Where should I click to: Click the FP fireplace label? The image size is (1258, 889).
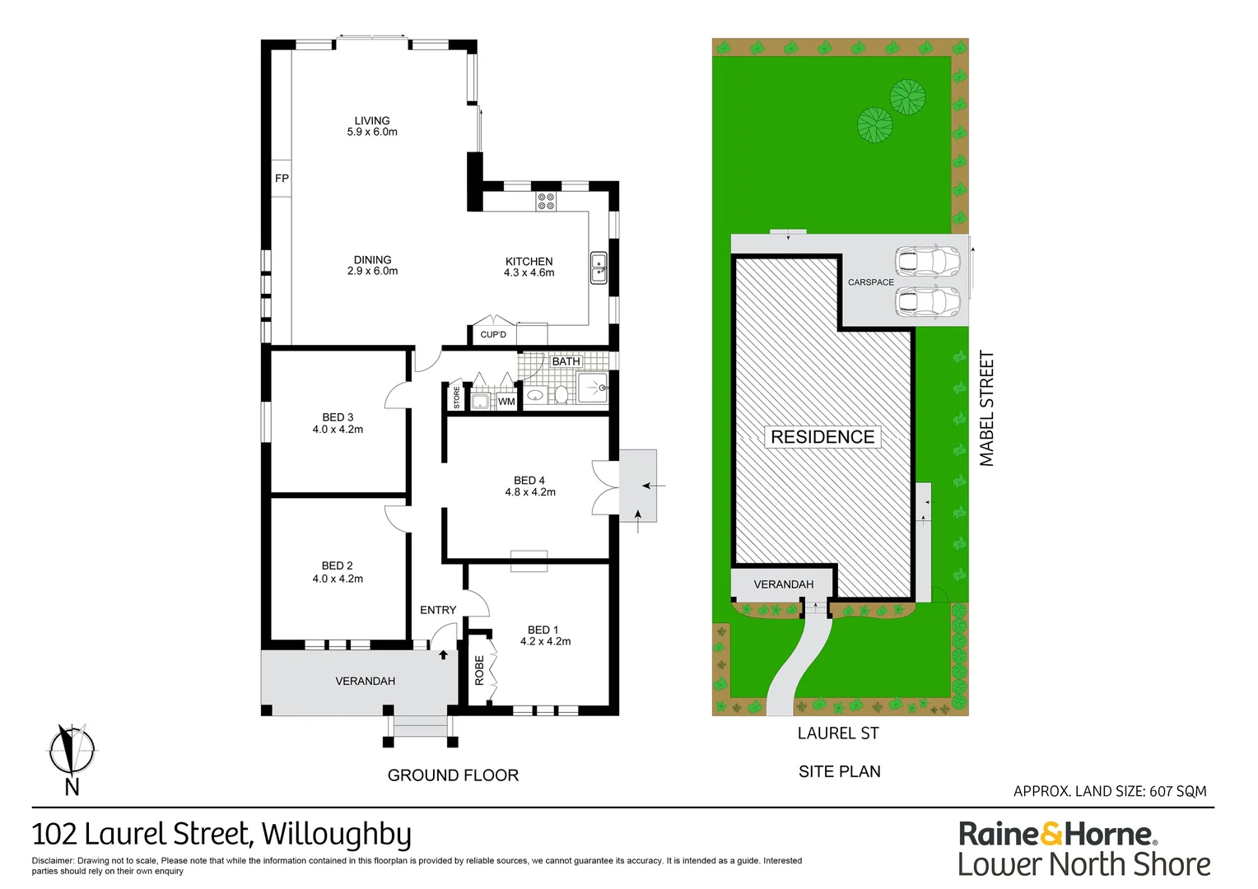coord(282,179)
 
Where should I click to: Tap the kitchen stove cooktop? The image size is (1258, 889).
coord(546,202)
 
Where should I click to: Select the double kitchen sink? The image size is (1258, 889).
coord(599,268)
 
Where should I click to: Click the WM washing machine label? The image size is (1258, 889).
coord(506,402)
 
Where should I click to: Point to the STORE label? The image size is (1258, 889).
coord(457,397)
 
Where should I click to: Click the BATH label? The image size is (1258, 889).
coord(566,361)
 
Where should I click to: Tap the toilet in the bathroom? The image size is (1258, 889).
coord(561,394)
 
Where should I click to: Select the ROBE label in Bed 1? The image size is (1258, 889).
coord(479,670)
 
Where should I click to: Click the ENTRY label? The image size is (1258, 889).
coord(438,610)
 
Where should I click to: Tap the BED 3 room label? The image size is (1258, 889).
coord(338,417)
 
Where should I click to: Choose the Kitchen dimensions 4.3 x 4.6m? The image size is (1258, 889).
coord(529,273)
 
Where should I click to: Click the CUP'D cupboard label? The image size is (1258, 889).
coord(493,335)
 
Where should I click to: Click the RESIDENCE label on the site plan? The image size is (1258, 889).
coord(822,437)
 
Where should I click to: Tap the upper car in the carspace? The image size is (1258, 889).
coord(927,261)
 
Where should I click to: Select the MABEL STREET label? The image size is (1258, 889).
coord(987,408)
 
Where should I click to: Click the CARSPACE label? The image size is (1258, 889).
coord(870,282)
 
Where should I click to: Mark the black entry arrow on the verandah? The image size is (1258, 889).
coord(443,654)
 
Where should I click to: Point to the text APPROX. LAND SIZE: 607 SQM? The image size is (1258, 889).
coord(1110,791)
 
